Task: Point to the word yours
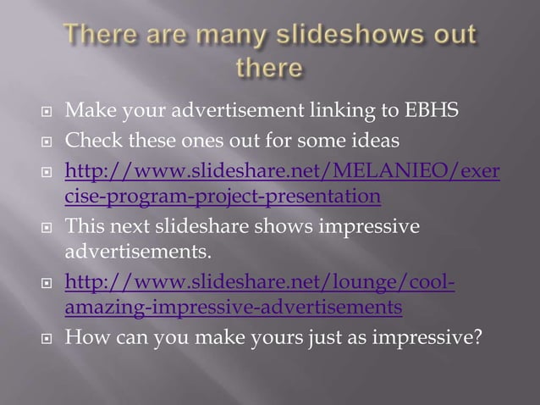(300, 337)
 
